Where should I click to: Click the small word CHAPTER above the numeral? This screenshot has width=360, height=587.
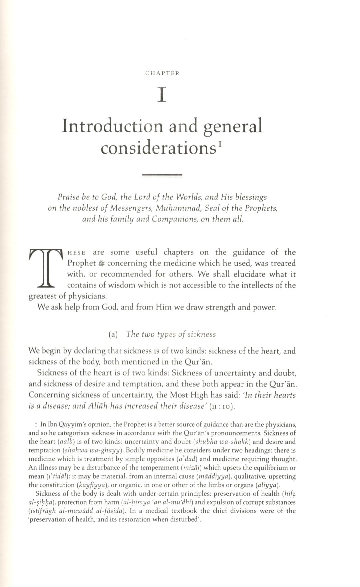coord(162,73)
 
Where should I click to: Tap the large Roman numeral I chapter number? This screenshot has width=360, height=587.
coord(162,95)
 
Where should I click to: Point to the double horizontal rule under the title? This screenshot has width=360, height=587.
coord(162,175)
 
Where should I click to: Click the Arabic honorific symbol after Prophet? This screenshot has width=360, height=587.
coord(102,264)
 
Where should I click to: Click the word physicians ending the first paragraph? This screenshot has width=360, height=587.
coord(87,296)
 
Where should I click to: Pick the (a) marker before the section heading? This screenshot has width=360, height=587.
coord(113,334)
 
